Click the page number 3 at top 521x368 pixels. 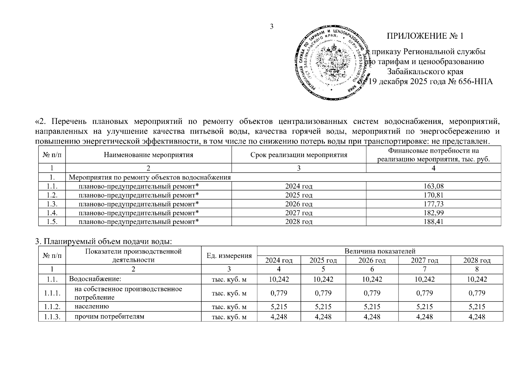click(271, 26)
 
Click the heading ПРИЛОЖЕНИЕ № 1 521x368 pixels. click(425, 36)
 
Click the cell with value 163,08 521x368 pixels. click(433, 186)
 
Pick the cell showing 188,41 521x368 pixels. click(433, 221)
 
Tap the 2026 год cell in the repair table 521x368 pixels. click(298, 204)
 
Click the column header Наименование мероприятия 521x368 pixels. click(148, 155)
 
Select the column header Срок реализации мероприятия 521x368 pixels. click(298, 155)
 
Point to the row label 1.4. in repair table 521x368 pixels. click(52, 213)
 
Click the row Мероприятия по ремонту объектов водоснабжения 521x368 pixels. click(150, 178)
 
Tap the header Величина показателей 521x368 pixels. click(380, 251)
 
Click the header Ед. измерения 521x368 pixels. click(229, 256)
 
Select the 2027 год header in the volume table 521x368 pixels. click(424, 260)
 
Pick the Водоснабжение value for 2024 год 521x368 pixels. click(278, 279)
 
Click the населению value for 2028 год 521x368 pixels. click(476, 307)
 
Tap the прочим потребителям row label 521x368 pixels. click(109, 316)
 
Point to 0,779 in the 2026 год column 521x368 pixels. click(372, 293)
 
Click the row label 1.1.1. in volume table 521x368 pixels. click(52, 293)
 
